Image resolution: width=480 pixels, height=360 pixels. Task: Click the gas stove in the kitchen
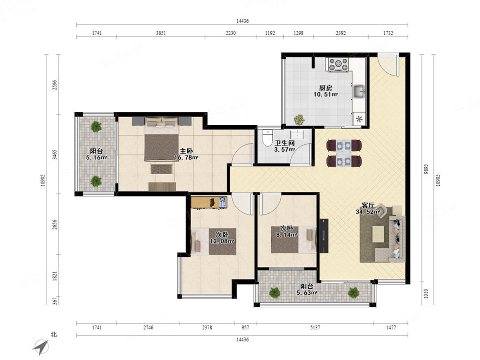point(338,65)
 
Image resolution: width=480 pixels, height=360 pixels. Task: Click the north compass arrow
point(41,348)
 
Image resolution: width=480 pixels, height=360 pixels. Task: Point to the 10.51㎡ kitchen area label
point(325,95)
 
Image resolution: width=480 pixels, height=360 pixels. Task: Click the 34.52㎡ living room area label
point(368,212)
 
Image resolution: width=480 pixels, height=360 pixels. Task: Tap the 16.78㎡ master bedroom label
point(186,157)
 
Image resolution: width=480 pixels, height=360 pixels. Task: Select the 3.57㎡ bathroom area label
point(284,150)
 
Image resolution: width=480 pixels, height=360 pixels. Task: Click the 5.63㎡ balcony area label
point(307,293)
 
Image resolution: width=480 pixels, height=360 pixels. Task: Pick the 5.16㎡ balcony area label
point(96,157)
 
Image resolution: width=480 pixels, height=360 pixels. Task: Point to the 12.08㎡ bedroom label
point(222,241)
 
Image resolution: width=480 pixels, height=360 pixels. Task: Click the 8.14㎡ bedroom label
point(287,235)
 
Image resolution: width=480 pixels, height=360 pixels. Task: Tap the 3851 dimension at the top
point(161,33)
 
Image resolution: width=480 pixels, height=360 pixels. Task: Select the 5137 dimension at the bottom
point(315,327)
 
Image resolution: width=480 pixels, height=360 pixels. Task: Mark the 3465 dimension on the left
point(54,154)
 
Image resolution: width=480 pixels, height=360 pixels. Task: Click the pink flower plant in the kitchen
point(299,120)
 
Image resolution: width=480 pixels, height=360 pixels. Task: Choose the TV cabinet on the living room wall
point(324,236)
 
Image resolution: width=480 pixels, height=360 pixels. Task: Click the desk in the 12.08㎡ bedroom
point(209,203)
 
